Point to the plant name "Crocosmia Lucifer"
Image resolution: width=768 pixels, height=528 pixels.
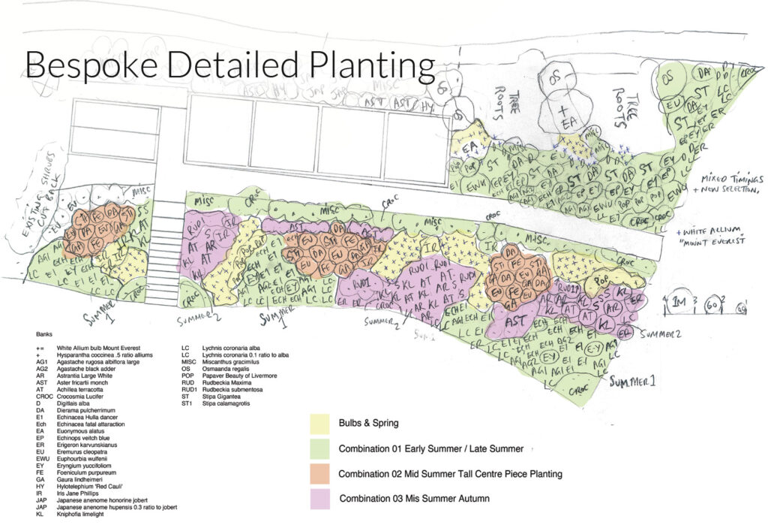click(88, 389)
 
